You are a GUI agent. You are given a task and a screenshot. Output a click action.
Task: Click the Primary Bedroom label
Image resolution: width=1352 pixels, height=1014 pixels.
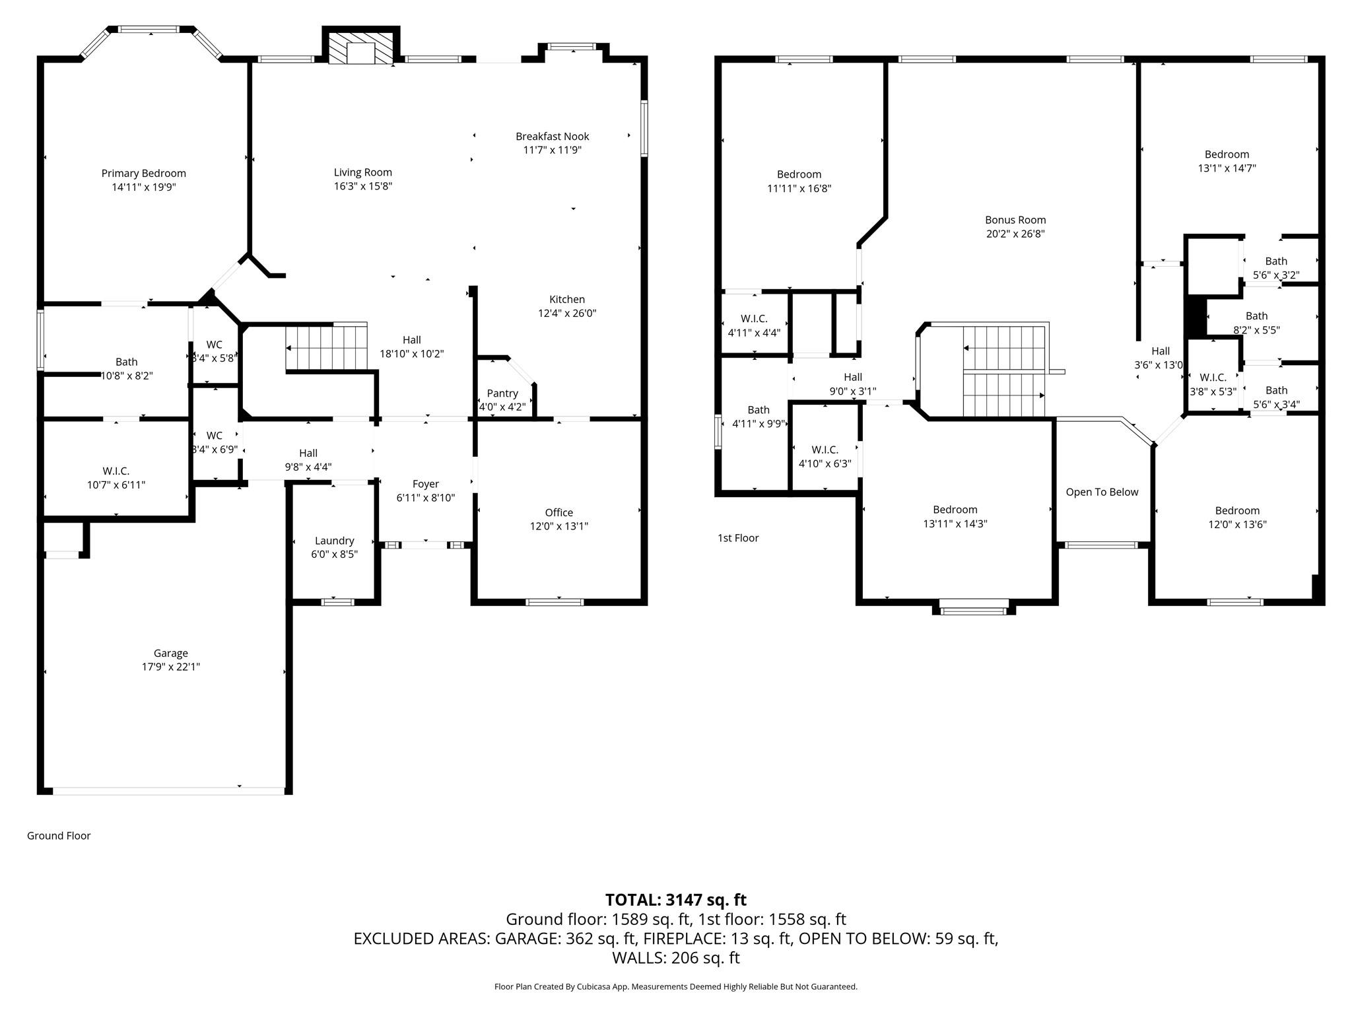(x=143, y=173)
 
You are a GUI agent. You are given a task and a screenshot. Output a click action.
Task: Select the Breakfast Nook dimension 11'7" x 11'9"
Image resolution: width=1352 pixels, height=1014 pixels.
(x=552, y=151)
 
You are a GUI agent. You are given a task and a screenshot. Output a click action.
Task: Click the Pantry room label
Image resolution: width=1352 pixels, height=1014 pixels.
(x=502, y=393)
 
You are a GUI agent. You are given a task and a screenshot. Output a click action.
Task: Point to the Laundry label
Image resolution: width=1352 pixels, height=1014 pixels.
(x=334, y=541)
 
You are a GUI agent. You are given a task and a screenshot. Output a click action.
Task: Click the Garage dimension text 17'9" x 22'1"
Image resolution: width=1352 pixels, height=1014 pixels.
(x=170, y=667)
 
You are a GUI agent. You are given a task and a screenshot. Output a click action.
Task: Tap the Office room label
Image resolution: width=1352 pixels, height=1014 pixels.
(x=558, y=512)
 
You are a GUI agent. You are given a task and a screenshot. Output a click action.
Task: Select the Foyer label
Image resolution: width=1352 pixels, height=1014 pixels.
(x=425, y=484)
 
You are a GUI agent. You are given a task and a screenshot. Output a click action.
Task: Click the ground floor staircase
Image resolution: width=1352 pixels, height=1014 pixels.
(x=326, y=348)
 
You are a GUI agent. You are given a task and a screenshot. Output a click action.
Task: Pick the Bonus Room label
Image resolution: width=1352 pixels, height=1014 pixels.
(x=1015, y=220)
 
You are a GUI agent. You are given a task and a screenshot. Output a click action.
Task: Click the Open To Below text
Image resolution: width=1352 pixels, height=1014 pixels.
(x=1102, y=492)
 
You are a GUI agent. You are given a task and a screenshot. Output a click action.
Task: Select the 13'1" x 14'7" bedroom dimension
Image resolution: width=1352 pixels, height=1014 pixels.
(x=1227, y=168)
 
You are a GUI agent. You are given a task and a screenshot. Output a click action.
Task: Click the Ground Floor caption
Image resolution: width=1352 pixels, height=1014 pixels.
(x=59, y=836)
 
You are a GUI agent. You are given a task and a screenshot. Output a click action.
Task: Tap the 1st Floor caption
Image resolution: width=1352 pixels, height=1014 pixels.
(x=738, y=538)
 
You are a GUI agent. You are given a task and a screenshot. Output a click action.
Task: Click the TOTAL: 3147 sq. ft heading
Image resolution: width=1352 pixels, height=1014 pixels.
(x=675, y=900)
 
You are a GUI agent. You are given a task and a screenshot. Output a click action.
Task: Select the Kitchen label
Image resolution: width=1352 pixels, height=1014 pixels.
(x=566, y=299)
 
